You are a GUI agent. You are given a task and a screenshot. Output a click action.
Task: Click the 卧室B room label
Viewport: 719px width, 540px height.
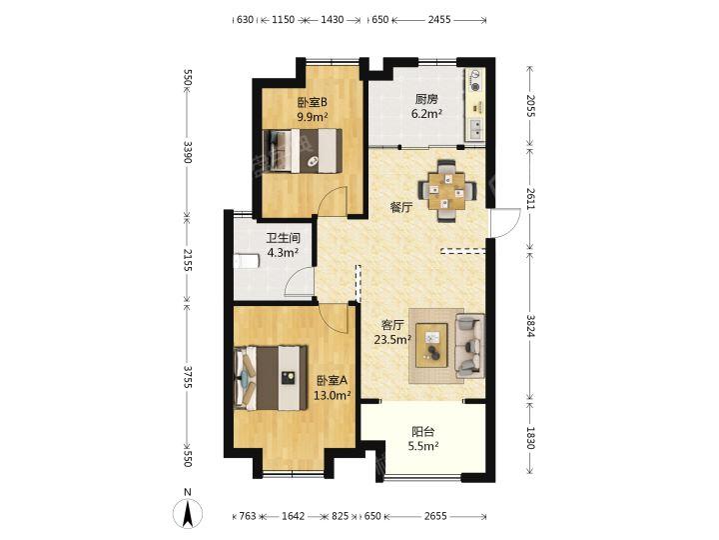coord(312,101)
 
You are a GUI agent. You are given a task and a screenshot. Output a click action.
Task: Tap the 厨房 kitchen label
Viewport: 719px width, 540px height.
coord(426,99)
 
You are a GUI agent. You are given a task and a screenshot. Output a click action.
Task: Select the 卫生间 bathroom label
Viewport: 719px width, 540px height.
coord(284,238)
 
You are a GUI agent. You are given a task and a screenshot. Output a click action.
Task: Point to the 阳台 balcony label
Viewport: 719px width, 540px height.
coord(422,432)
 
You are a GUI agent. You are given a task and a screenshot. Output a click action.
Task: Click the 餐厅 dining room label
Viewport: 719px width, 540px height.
coord(400,208)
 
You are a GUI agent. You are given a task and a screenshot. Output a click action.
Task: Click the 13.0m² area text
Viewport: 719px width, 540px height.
coord(332,394)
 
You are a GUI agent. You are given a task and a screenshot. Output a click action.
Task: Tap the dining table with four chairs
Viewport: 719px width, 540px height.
coord(446,190)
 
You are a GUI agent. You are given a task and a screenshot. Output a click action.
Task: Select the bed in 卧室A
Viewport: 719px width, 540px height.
coord(270,378)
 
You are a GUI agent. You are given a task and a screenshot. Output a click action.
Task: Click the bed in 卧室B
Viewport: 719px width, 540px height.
coord(303,151)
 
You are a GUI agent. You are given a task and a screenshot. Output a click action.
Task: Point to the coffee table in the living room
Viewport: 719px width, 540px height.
coord(431,345)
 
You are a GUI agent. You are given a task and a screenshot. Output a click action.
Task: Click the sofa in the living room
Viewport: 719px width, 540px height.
coord(469,346)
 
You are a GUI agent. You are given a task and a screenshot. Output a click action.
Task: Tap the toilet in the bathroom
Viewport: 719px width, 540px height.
coord(247,261)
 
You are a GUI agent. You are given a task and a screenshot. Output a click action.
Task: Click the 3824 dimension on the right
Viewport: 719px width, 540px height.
coord(530,326)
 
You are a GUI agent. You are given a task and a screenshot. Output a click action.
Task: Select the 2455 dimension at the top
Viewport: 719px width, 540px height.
coord(439,19)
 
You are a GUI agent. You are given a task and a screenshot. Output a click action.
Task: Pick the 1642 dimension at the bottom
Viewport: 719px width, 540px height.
coord(293,516)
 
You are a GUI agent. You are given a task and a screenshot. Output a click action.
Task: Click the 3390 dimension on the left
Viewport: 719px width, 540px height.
coord(187,152)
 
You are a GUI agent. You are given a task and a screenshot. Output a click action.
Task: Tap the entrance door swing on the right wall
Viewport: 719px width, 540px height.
coord(504,223)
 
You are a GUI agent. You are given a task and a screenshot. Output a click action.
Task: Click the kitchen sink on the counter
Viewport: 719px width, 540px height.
coord(476,129)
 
